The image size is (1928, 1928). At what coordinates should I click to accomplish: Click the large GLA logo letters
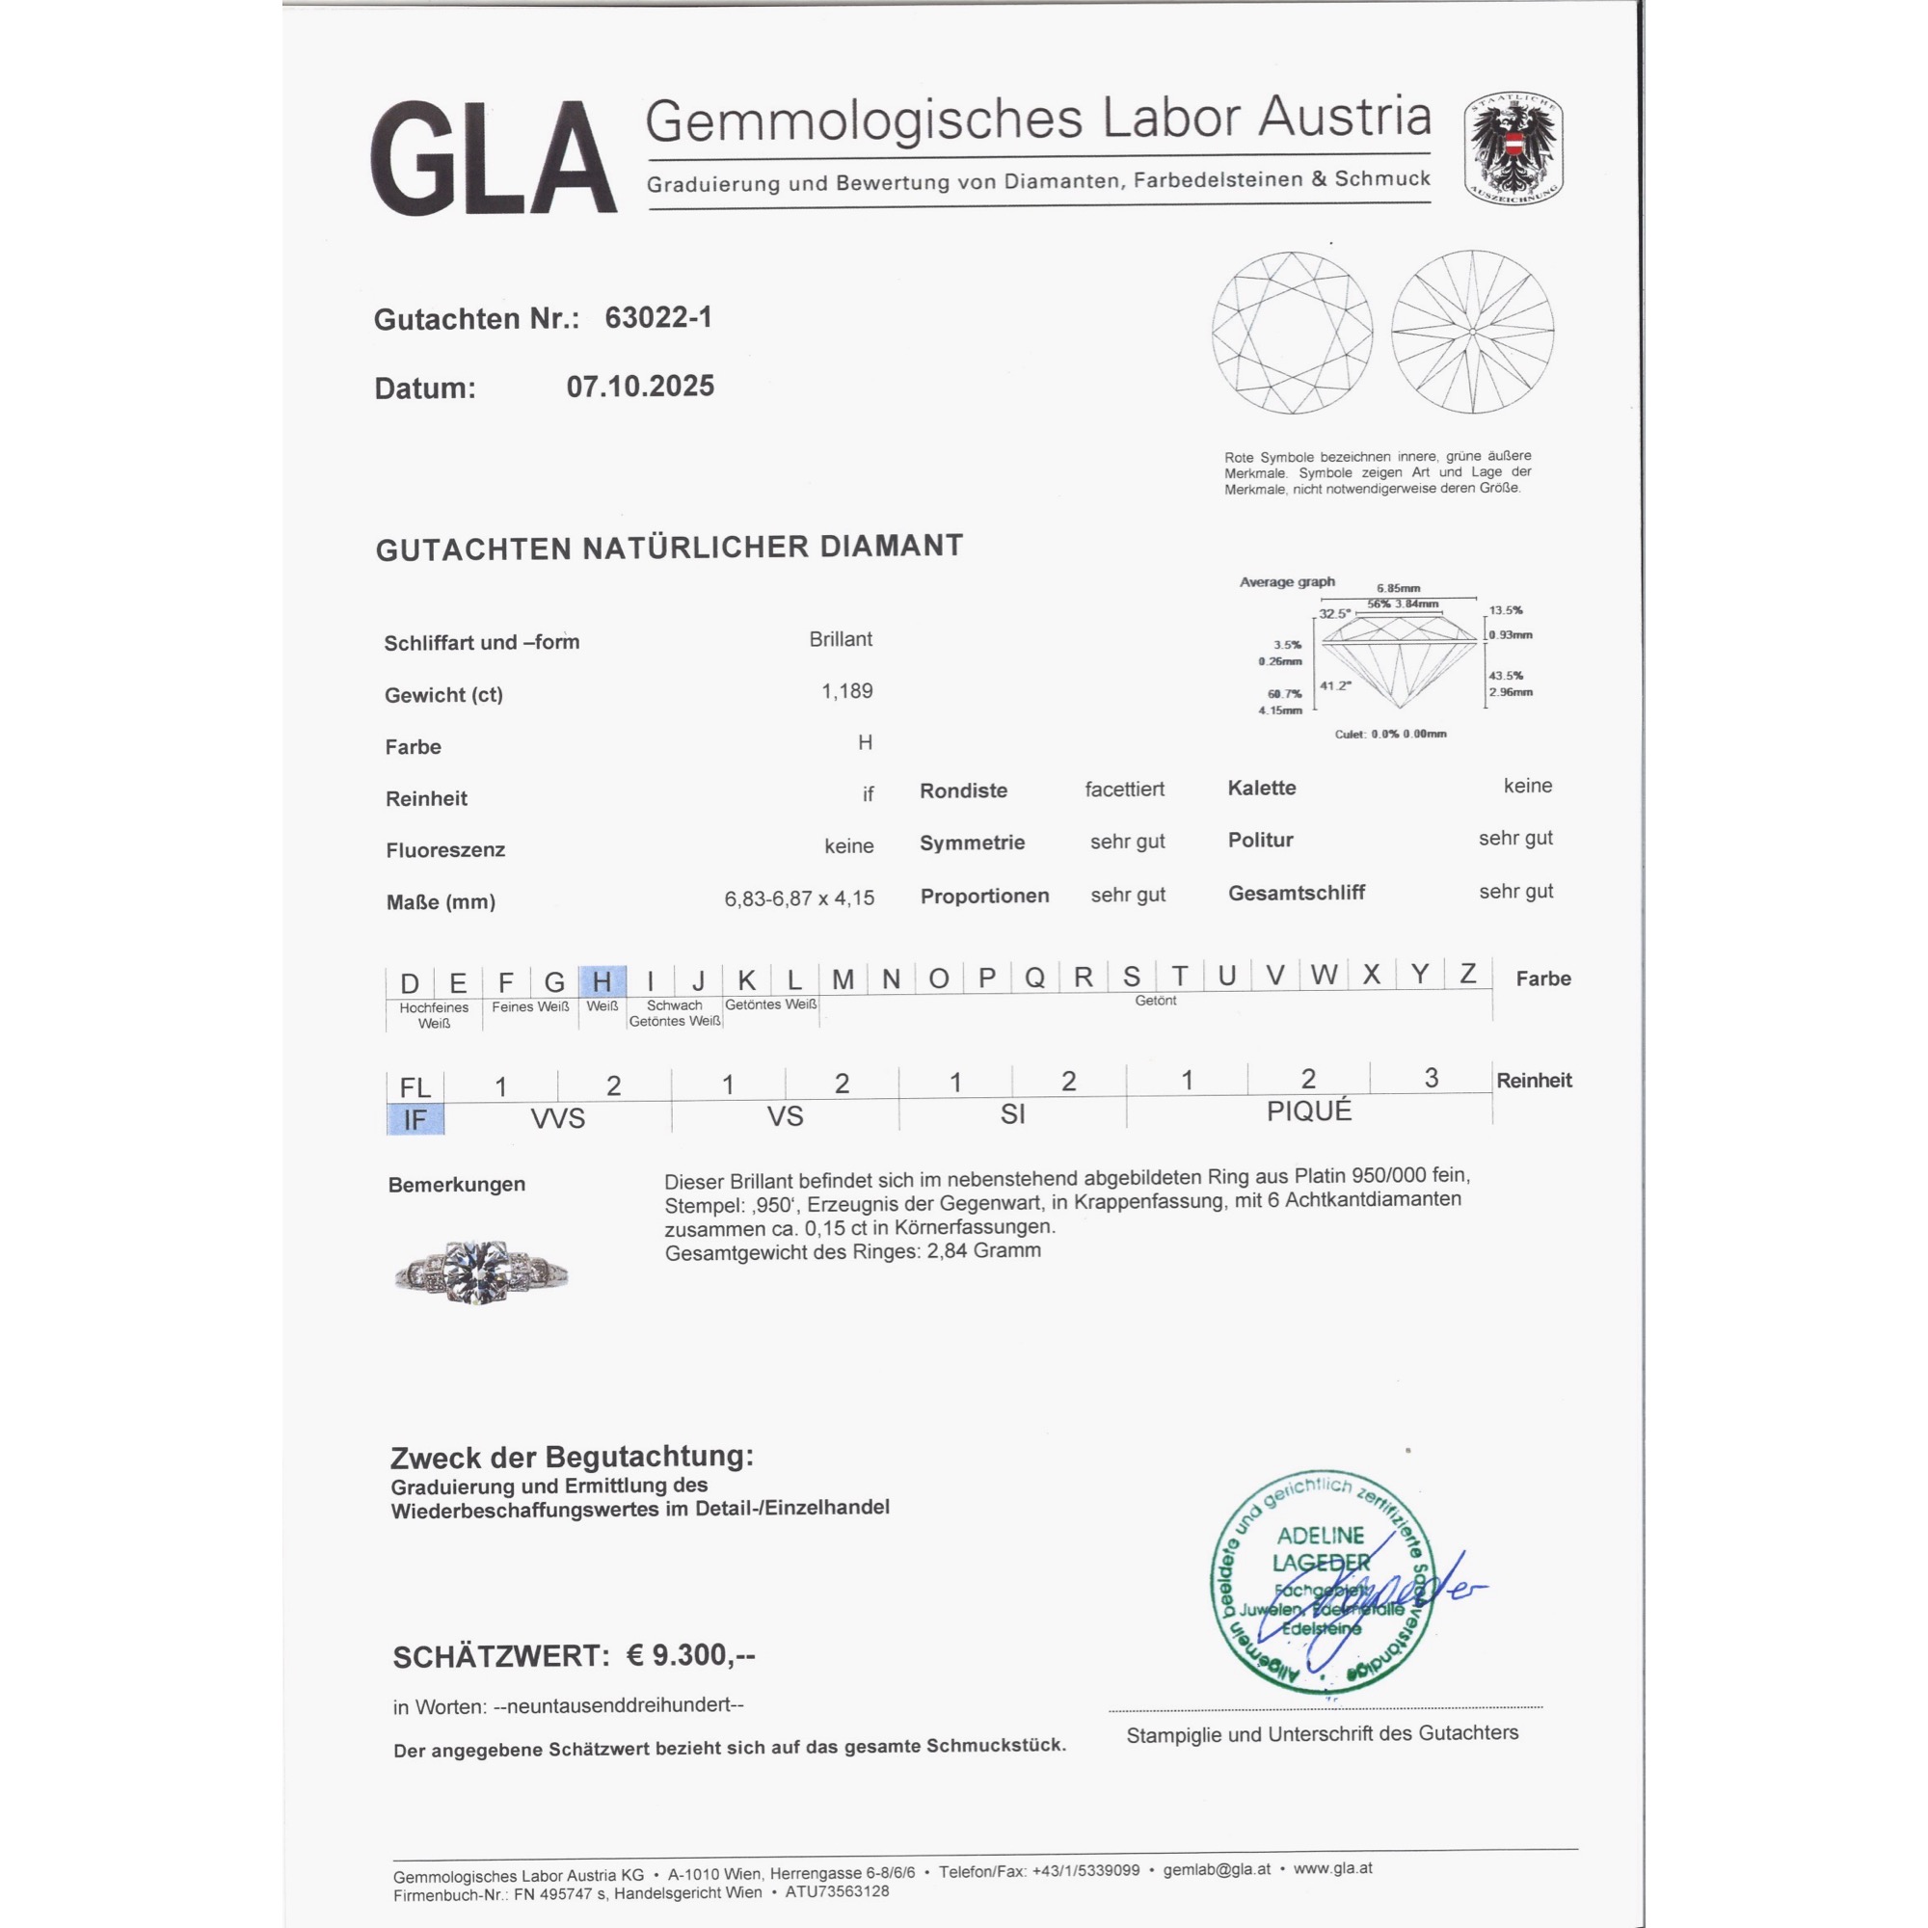[493, 158]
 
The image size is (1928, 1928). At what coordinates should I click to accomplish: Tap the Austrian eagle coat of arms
[1513, 149]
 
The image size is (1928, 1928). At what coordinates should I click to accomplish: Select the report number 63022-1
[658, 317]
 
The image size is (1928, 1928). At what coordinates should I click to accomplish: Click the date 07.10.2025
[640, 387]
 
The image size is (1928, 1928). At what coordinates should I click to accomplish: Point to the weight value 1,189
[846, 690]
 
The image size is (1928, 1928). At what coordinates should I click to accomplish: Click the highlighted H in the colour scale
[602, 981]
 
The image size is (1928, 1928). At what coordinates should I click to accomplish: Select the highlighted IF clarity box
[415, 1119]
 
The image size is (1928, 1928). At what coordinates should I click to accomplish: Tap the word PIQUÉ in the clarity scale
[1308, 1111]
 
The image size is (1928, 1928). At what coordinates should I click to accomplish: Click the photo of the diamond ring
[481, 1272]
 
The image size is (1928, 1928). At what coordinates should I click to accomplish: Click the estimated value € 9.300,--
[690, 1655]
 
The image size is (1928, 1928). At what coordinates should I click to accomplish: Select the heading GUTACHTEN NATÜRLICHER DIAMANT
[669, 547]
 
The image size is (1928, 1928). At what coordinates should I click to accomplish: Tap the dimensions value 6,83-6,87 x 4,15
[798, 898]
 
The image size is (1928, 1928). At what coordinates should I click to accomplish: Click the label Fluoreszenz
[445, 850]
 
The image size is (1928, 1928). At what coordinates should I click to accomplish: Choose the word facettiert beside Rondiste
[1125, 790]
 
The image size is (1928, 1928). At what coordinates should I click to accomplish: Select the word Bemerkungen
[456, 1185]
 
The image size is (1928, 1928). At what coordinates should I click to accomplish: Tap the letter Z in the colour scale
[1467, 973]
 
